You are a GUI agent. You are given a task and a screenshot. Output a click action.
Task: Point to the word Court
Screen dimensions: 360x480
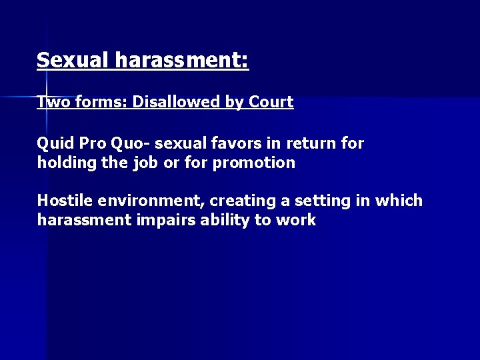[x=271, y=102]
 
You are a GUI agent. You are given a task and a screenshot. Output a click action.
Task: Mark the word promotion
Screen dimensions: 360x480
[x=254, y=163]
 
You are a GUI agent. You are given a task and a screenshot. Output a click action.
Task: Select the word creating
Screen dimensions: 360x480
[x=242, y=201]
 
